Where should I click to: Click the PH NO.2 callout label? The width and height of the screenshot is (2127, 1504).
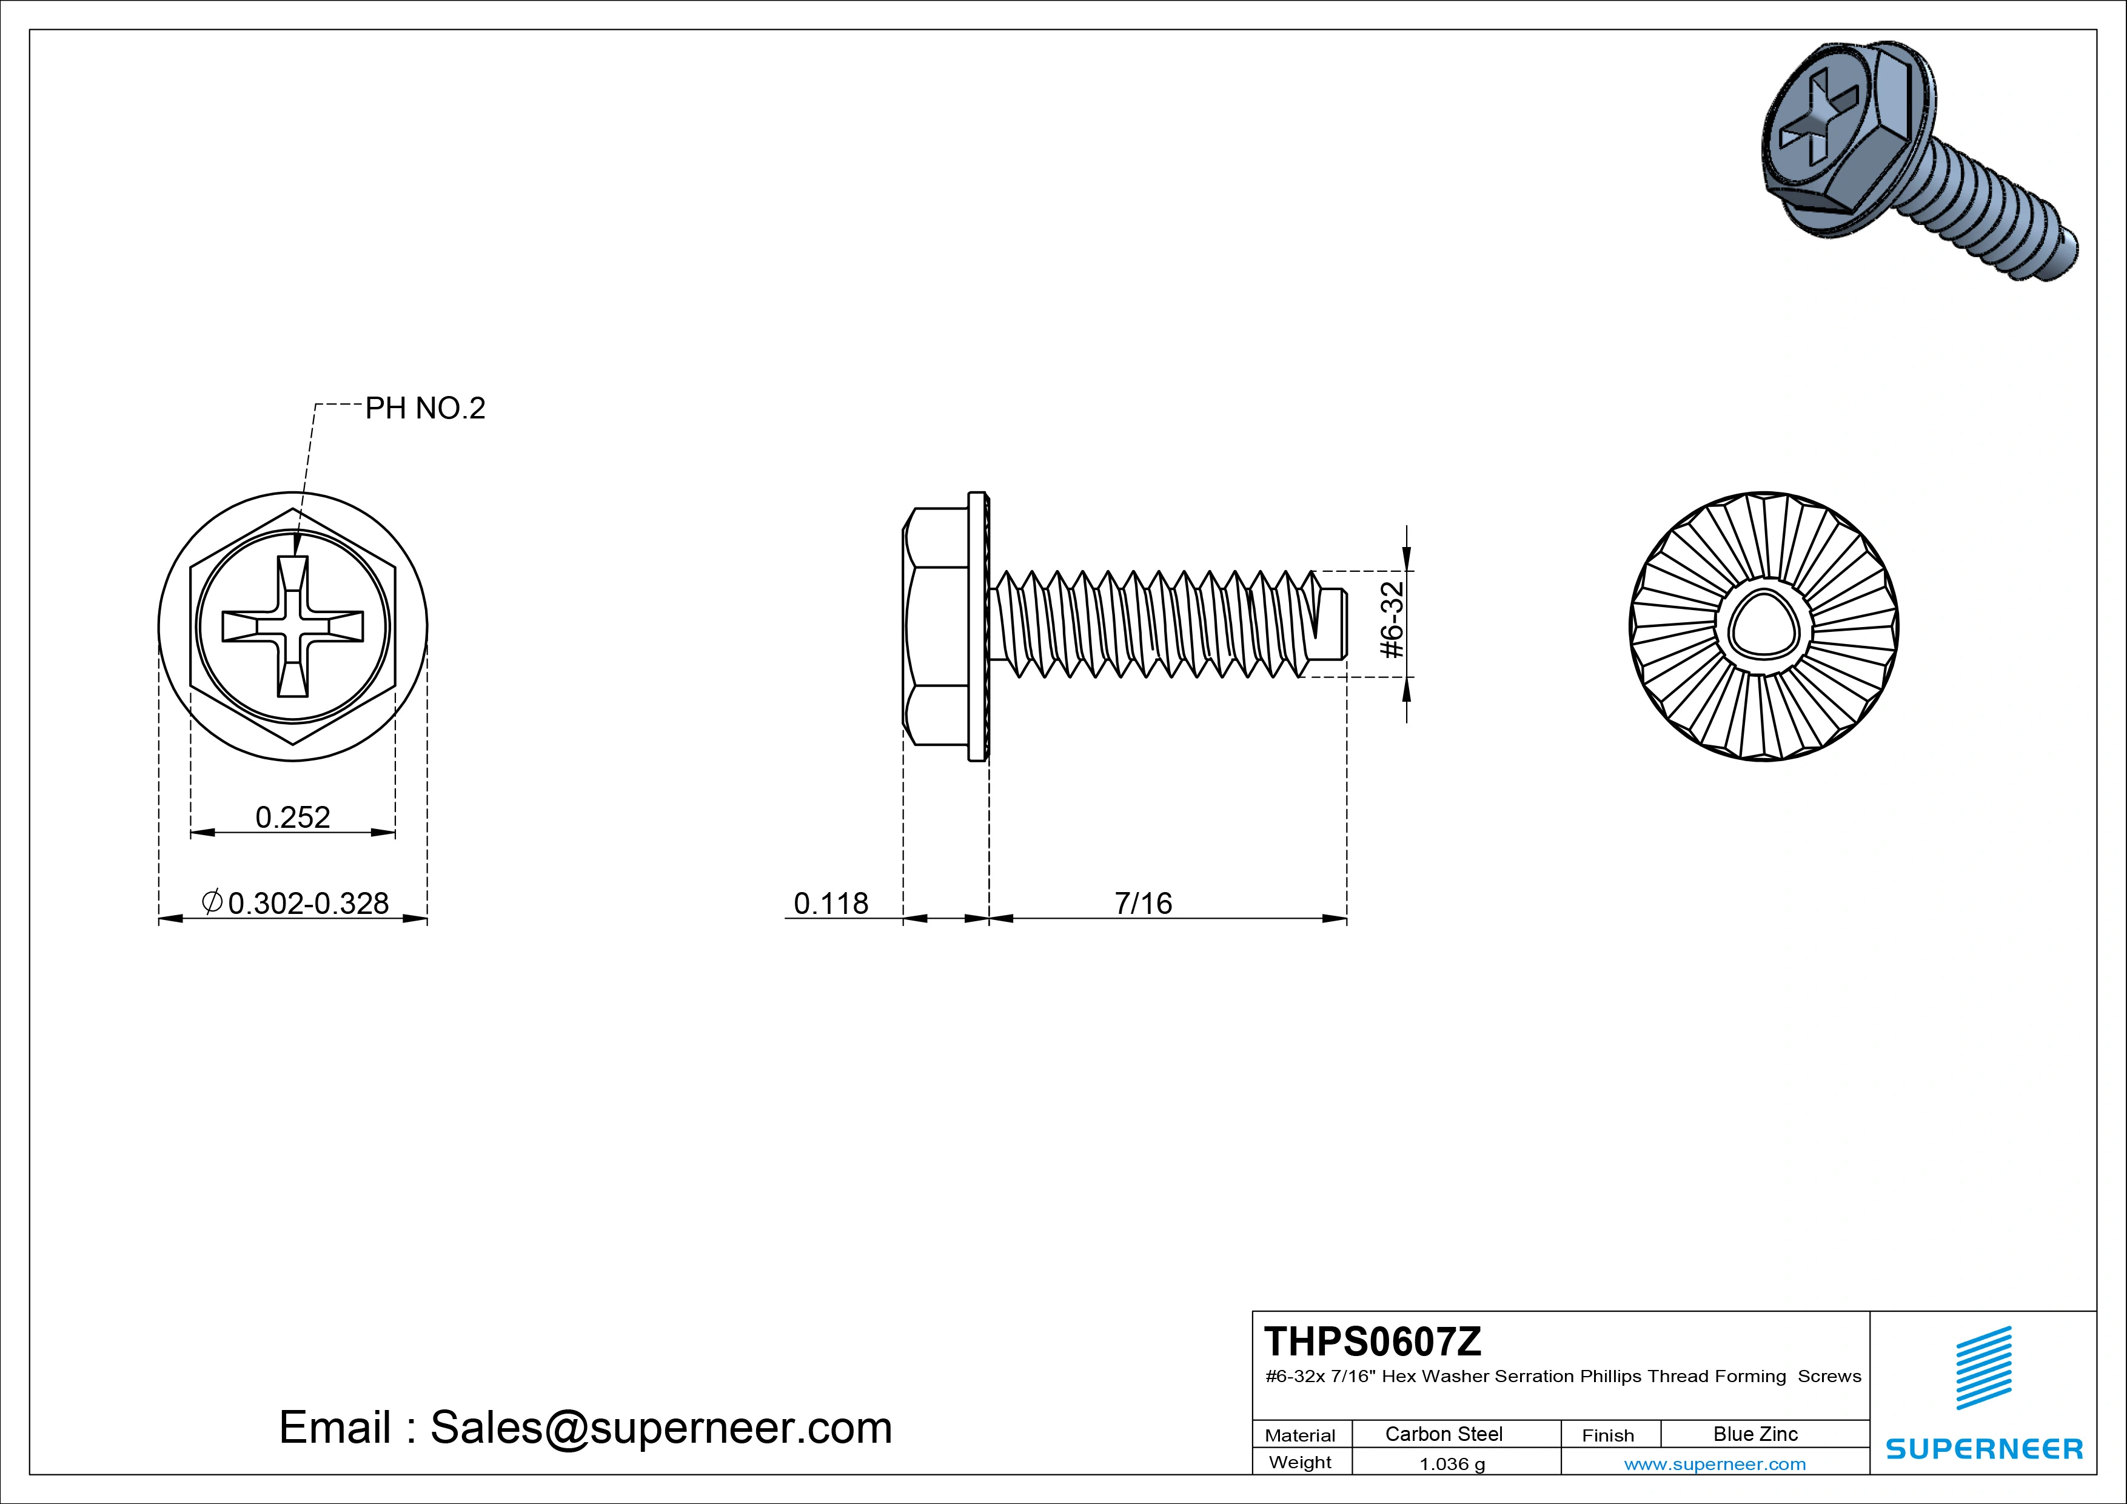point(425,409)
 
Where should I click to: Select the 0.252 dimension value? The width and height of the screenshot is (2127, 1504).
point(293,817)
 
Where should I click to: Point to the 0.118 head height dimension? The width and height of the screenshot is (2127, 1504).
point(831,904)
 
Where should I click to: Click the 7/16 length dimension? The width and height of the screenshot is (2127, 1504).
point(1143,904)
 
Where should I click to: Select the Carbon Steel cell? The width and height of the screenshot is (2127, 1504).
point(1443,1434)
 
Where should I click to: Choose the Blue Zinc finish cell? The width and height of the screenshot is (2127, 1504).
point(1755,1434)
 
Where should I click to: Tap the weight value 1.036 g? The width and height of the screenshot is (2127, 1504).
point(1452,1464)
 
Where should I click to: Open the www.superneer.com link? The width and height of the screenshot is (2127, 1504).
point(1715,1464)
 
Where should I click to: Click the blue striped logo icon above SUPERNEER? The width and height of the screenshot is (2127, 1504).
point(1983,1368)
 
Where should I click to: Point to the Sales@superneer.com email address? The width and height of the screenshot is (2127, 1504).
point(660,1428)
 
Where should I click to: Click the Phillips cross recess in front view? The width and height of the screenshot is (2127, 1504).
point(293,626)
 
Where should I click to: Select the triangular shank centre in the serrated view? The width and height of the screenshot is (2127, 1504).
point(1764,626)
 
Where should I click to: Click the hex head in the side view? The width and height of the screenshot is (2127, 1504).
point(936,626)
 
